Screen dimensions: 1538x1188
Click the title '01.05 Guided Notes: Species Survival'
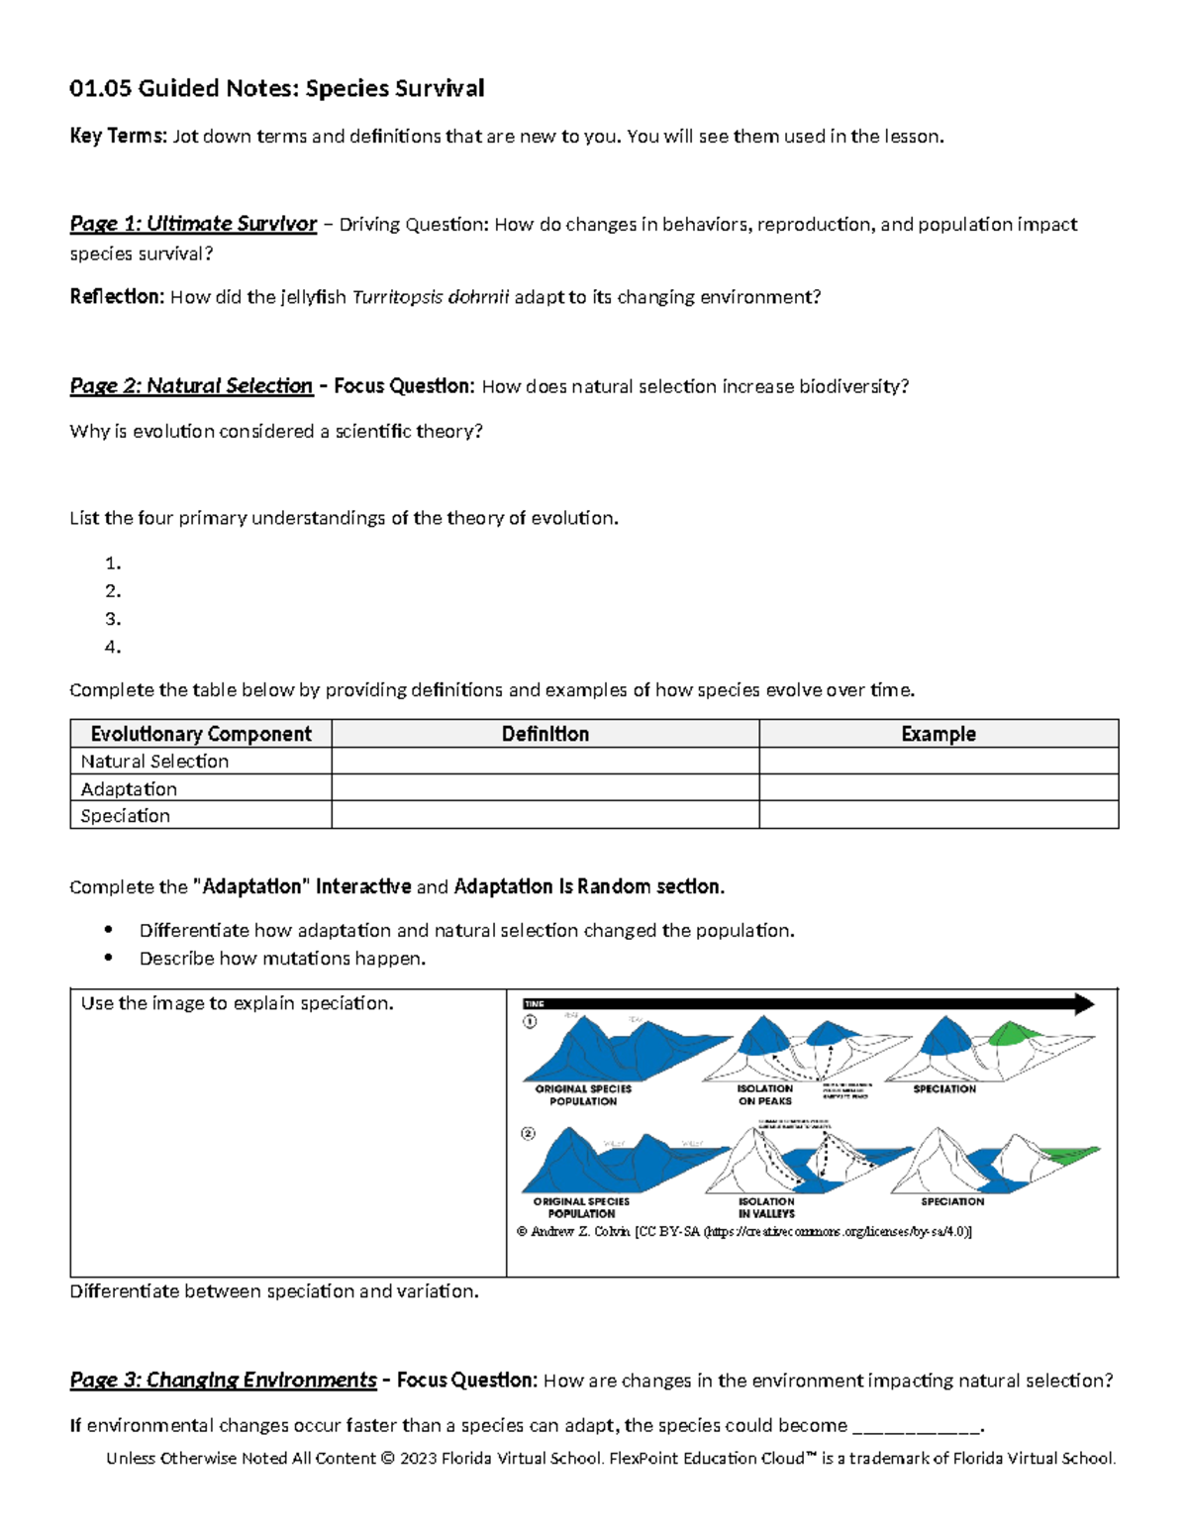pos(276,89)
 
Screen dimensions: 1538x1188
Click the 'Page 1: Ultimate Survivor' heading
pos(193,225)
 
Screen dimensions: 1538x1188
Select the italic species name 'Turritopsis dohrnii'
pos(431,297)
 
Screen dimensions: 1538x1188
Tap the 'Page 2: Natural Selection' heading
pos(191,386)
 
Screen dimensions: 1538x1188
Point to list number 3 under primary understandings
pos(112,619)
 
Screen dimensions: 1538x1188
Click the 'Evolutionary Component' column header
pos(201,734)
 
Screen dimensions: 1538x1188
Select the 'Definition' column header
pos(544,734)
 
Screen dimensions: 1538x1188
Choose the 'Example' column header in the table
pos(938,734)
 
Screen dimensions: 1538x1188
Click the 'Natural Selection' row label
pos(154,762)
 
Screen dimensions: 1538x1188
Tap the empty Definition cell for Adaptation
pos(544,788)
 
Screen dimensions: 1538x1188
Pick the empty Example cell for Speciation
pos(938,815)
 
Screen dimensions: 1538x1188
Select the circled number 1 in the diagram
pos(530,1021)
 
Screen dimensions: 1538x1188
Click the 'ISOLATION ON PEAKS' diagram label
pos(765,1094)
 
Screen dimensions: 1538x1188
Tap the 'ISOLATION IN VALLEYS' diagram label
pos(766,1207)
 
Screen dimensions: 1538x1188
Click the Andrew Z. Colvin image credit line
pos(743,1232)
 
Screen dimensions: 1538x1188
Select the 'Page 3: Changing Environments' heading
pos(223,1381)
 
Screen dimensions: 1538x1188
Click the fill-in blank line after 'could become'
pos(916,1427)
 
